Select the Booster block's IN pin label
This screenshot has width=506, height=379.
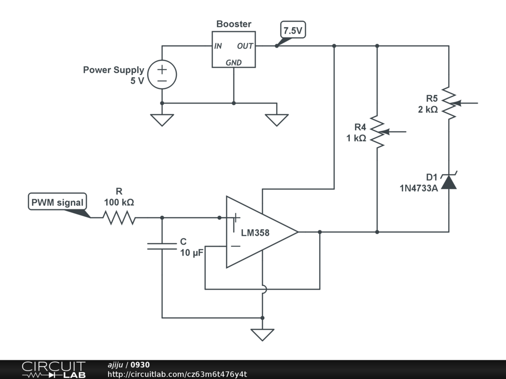click(218, 46)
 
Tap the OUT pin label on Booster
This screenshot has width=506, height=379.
click(245, 46)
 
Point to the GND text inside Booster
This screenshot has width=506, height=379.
click(233, 63)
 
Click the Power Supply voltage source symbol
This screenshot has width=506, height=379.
click(162, 75)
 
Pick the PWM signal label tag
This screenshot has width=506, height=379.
click(58, 202)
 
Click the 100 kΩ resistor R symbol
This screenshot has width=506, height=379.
click(119, 217)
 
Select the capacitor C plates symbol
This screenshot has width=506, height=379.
click(162, 246)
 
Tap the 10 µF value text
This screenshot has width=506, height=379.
click(191, 253)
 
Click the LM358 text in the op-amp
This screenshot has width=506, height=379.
click(255, 233)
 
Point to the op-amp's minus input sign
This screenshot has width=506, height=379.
click(236, 246)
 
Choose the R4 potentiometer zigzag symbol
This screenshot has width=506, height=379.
click(378, 132)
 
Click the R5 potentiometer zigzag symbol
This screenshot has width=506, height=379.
click(449, 104)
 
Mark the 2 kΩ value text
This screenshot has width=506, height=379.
click(427, 110)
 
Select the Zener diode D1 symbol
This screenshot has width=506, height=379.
click(449, 181)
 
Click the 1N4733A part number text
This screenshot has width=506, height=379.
click(419, 188)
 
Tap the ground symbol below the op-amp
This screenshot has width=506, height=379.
click(262, 335)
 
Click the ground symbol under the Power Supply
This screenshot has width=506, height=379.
click(162, 120)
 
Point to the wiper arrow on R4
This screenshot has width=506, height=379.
click(395, 132)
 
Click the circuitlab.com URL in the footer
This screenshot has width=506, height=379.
click(177, 374)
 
